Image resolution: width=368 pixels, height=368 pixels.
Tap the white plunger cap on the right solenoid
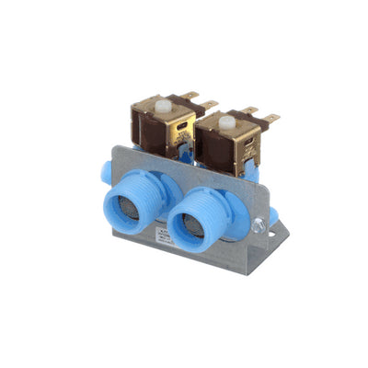[x=224, y=119]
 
